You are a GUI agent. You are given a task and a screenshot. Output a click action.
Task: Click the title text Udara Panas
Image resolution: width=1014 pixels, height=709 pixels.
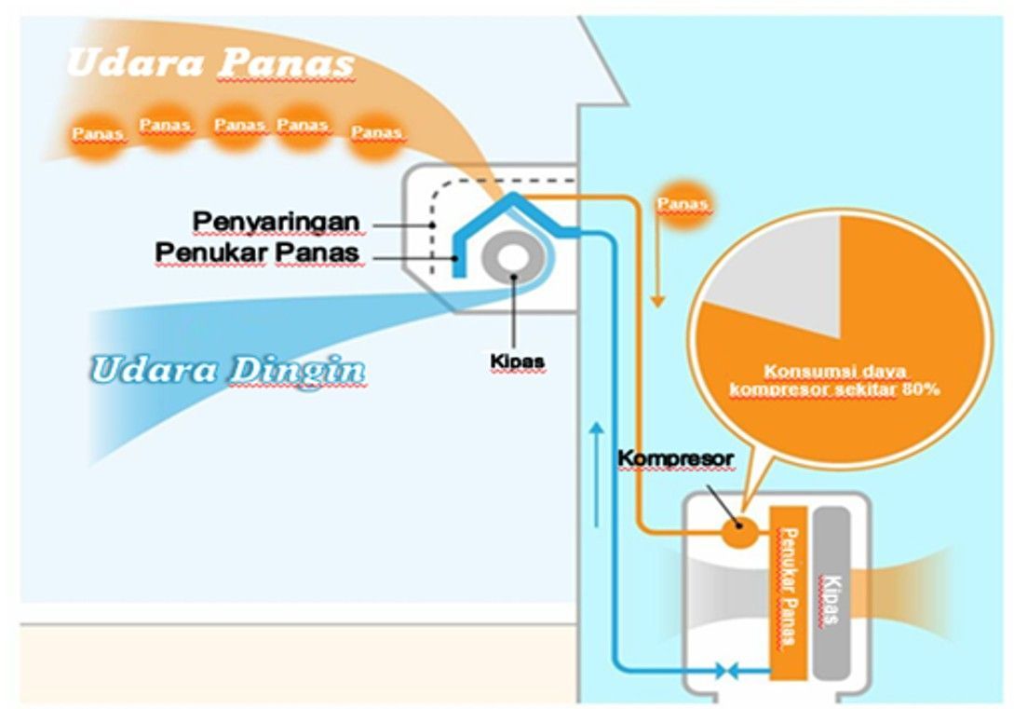[211, 63]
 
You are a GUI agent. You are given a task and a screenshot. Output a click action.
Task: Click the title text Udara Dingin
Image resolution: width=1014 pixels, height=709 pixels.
[227, 370]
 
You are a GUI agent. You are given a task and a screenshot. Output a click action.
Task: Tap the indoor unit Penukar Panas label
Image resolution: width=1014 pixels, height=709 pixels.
[256, 252]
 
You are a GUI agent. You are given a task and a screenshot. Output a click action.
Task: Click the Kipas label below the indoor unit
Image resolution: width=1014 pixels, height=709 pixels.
[517, 360]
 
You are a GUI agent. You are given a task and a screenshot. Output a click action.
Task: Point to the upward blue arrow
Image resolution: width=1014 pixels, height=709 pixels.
[596, 475]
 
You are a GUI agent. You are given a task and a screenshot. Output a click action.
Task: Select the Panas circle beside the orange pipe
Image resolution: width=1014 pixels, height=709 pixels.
[683, 203]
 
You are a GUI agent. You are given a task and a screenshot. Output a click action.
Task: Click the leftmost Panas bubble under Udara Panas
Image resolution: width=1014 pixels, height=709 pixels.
[98, 134]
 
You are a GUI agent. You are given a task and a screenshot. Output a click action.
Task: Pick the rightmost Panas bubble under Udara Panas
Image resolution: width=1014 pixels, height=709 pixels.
[376, 133]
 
